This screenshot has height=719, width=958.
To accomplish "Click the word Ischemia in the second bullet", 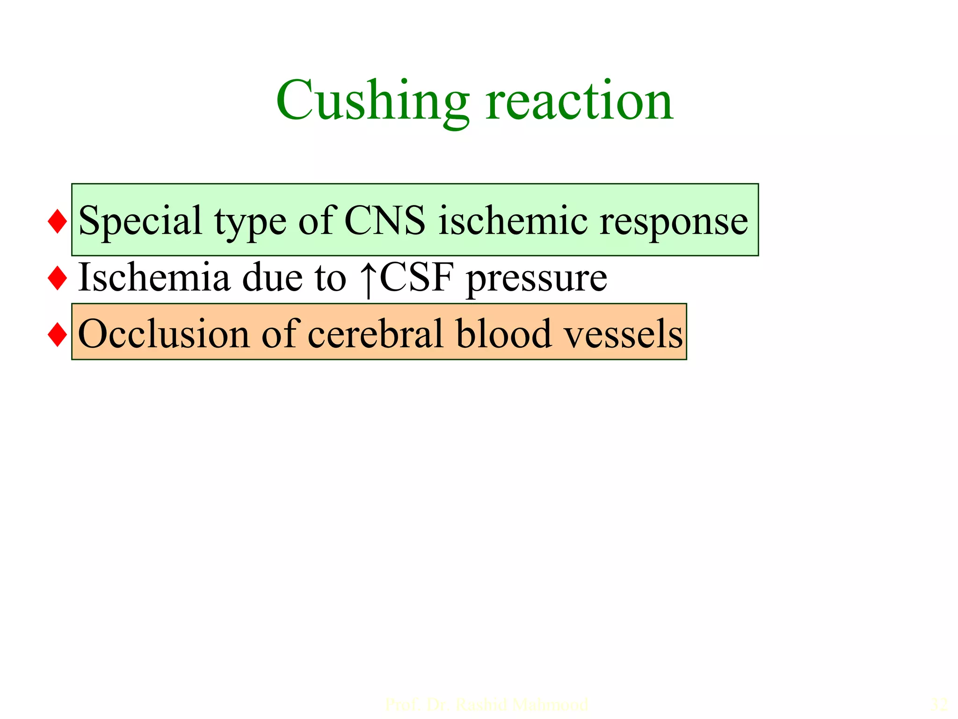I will (x=154, y=278).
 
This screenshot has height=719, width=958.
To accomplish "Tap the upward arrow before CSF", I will (x=369, y=279).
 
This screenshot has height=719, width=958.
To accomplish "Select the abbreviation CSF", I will (x=417, y=278).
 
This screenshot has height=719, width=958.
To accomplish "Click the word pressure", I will (x=537, y=279).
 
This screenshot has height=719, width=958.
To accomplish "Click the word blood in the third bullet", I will (x=503, y=334).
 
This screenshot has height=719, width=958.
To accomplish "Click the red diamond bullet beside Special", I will (x=57, y=221).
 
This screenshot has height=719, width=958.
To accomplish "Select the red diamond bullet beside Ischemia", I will (x=57, y=278).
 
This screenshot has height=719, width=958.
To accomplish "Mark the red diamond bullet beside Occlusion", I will (x=57, y=335).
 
